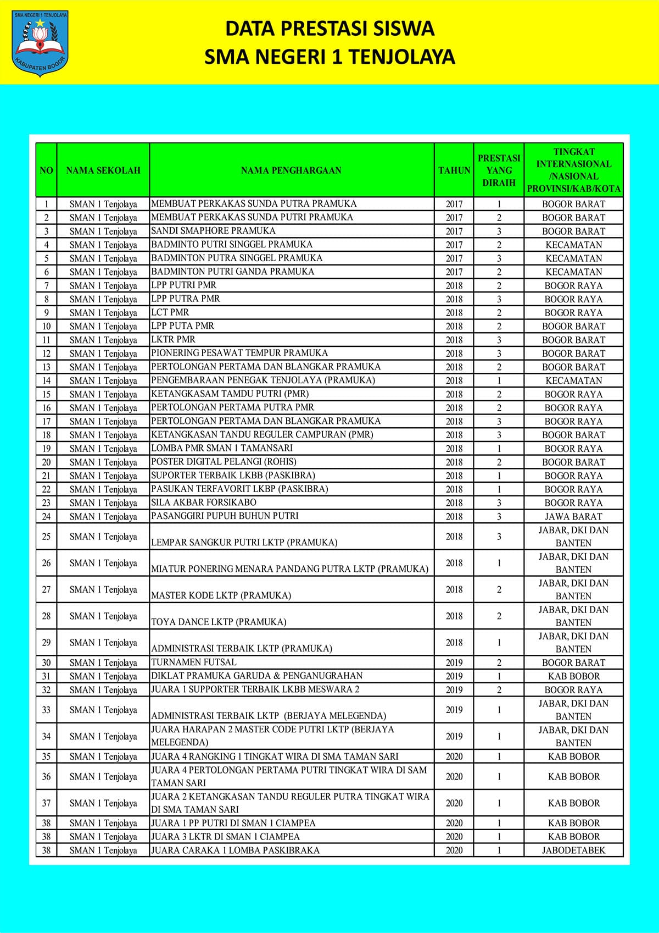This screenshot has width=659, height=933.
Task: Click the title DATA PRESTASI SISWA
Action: point(329,29)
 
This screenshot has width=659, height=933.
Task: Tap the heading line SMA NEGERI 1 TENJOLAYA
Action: point(329,57)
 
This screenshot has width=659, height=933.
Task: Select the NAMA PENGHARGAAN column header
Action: point(291,170)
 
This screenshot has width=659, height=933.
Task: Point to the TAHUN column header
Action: point(454,170)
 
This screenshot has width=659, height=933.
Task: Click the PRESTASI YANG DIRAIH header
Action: point(499,170)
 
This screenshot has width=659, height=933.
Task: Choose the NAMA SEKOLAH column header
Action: point(103,170)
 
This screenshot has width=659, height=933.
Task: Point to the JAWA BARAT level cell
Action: point(573,516)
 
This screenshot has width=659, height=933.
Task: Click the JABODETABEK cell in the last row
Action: point(573,850)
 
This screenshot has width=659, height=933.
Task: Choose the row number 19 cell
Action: point(47,449)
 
